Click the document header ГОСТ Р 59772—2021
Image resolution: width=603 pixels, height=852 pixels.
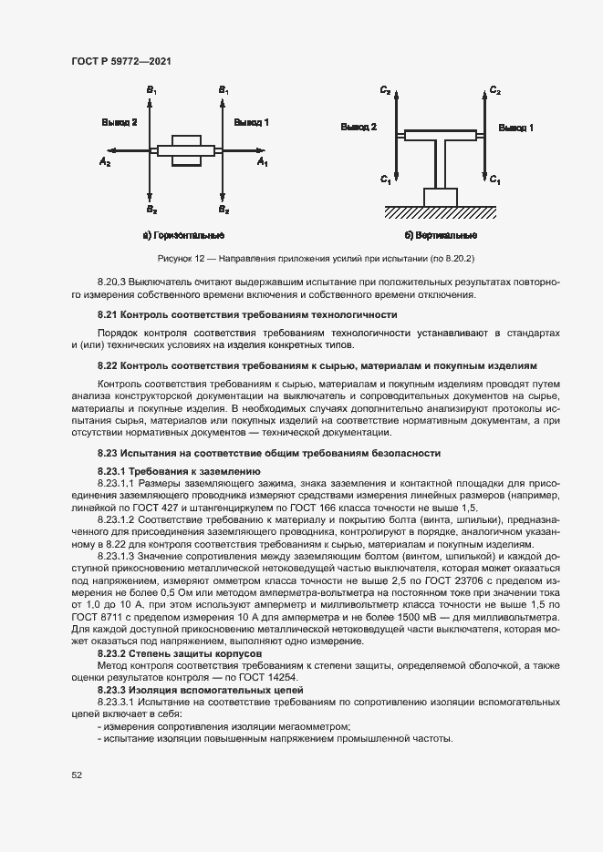pyautogui.click(x=121, y=61)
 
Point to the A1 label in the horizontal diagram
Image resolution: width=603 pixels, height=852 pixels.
pyautogui.click(x=262, y=162)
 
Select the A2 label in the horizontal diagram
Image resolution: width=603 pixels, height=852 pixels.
pyautogui.click(x=105, y=162)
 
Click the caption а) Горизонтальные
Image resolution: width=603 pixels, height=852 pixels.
pyautogui.click(x=184, y=236)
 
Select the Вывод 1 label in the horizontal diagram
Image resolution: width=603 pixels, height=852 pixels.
pyautogui.click(x=251, y=121)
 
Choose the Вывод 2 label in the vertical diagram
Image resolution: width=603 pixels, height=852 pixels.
pyautogui.click(x=359, y=128)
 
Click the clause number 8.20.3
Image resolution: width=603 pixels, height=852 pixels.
pyautogui.click(x=112, y=283)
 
